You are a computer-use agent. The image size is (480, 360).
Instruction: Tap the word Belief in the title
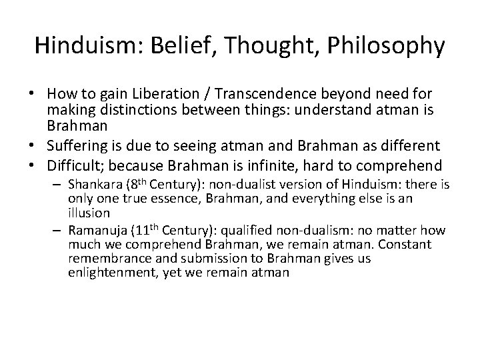pyautogui.click(x=169, y=45)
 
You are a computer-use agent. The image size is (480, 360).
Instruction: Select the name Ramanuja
pyautogui.click(x=98, y=231)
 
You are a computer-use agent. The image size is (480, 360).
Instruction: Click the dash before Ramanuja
pyautogui.click(x=57, y=231)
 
